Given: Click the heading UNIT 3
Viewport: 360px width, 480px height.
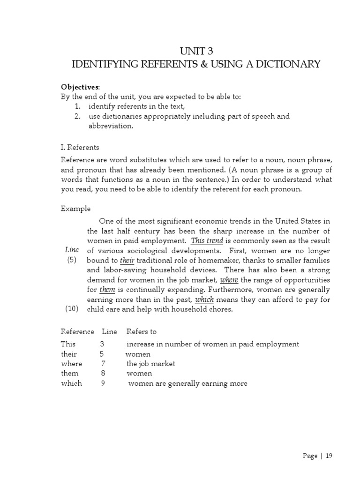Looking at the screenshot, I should [x=196, y=52].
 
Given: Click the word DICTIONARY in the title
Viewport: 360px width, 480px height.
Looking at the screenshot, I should [x=279, y=64].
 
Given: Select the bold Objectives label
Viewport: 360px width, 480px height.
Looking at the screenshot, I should [x=80, y=88].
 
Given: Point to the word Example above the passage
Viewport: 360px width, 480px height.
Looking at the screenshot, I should [x=76, y=209].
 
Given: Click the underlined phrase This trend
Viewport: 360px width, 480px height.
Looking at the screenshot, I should [x=207, y=240].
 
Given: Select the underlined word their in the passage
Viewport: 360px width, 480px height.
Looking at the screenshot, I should [x=127, y=260].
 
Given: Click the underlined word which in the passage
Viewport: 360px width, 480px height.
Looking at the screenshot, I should [x=204, y=300].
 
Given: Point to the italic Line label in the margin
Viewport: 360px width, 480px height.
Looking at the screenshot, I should [x=72, y=250].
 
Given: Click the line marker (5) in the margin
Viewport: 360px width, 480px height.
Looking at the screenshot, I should [x=72, y=260].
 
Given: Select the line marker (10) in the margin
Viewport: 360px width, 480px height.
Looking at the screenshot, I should [x=72, y=309].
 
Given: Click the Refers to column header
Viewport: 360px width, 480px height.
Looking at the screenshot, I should [x=142, y=331].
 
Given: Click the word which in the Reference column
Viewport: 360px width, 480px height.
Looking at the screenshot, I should [x=71, y=383].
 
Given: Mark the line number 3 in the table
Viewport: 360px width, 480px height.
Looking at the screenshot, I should [x=102, y=344].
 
